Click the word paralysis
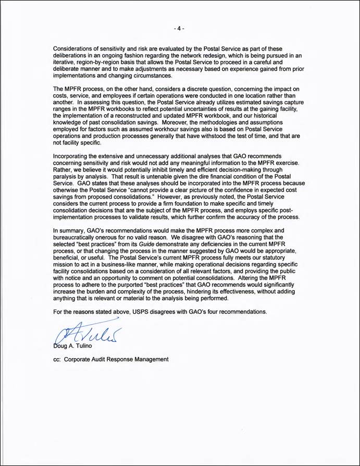tap(67, 177)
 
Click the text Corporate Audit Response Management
tap(116, 360)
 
